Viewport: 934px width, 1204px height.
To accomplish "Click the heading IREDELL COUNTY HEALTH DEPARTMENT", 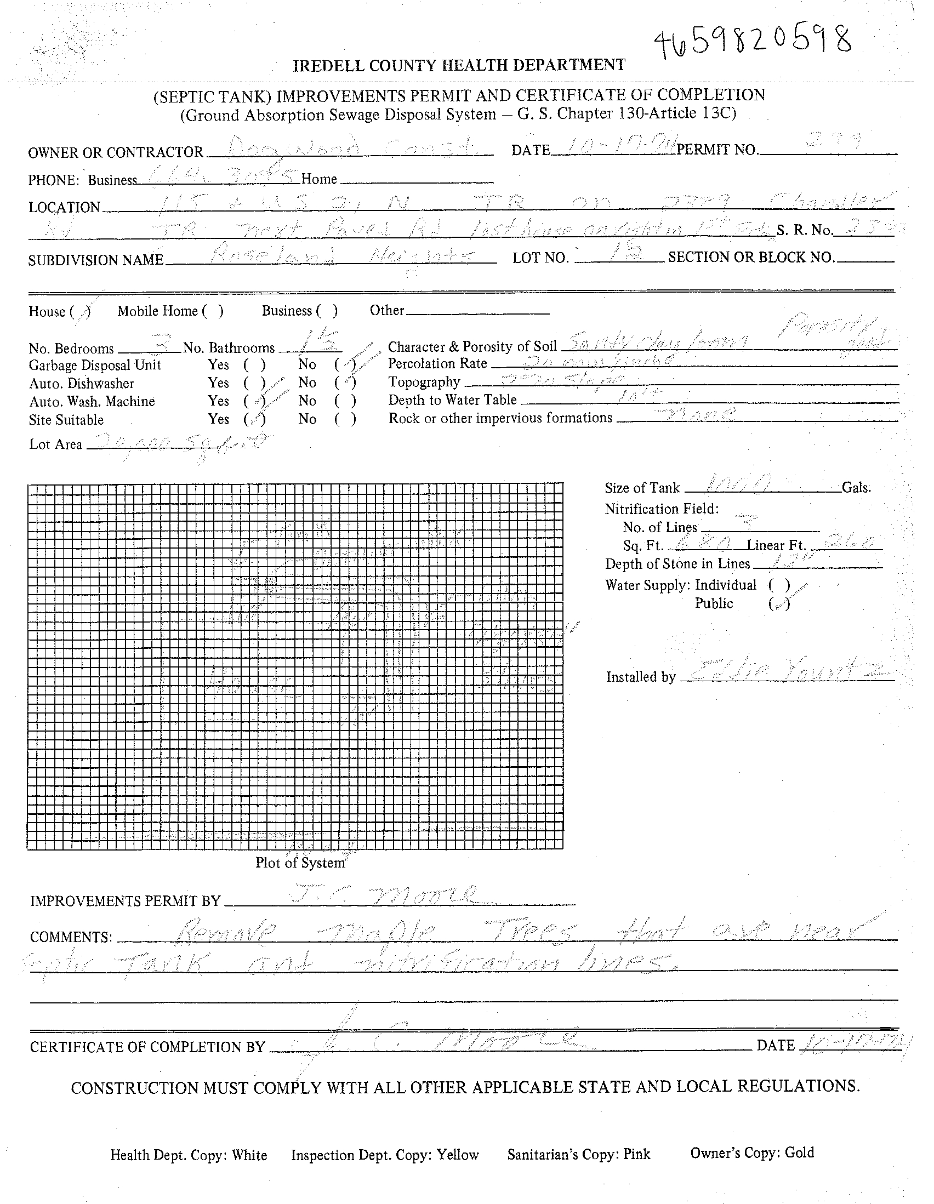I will pos(459,66).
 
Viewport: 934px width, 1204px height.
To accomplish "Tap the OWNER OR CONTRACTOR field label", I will pos(116,153).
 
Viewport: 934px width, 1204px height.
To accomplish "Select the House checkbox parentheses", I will pos(81,312).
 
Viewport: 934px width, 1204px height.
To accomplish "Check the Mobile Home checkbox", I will pos(212,311).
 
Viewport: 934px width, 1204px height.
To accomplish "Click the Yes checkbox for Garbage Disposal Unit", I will pos(255,365).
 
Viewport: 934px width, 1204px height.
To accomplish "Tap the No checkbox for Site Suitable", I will pos(345,420).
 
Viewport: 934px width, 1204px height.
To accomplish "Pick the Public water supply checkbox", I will pos(779,604).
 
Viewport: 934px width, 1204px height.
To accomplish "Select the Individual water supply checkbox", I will pos(779,585).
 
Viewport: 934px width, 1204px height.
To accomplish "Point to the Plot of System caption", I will pos(300,863).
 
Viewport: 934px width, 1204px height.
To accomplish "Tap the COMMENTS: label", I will pos(71,938).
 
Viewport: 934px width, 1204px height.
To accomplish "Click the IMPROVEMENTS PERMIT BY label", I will pos(125,901).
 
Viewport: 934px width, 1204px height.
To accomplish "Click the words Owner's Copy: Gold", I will pos(751,1152).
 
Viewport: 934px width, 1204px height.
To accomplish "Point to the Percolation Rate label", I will pos(437,364).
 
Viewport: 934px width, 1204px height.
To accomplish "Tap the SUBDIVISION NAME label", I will pos(96,260).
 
